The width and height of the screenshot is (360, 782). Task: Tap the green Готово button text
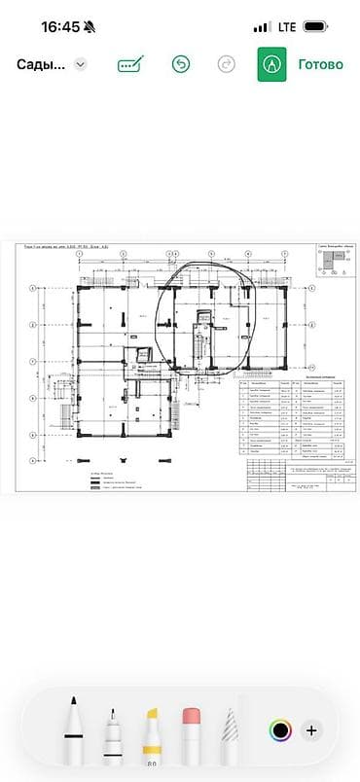(x=320, y=64)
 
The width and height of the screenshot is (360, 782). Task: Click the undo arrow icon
(x=180, y=64)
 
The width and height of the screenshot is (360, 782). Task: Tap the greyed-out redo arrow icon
(x=226, y=64)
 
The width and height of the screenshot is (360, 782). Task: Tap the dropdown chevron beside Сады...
(x=81, y=64)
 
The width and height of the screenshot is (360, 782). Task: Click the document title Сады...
(x=41, y=64)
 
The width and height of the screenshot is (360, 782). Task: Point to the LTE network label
(x=286, y=27)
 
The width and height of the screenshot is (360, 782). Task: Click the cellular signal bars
(x=260, y=27)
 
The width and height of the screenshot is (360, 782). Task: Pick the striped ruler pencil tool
(x=231, y=734)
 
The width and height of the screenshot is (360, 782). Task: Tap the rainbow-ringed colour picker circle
(x=280, y=729)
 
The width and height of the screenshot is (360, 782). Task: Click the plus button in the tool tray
(x=311, y=729)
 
